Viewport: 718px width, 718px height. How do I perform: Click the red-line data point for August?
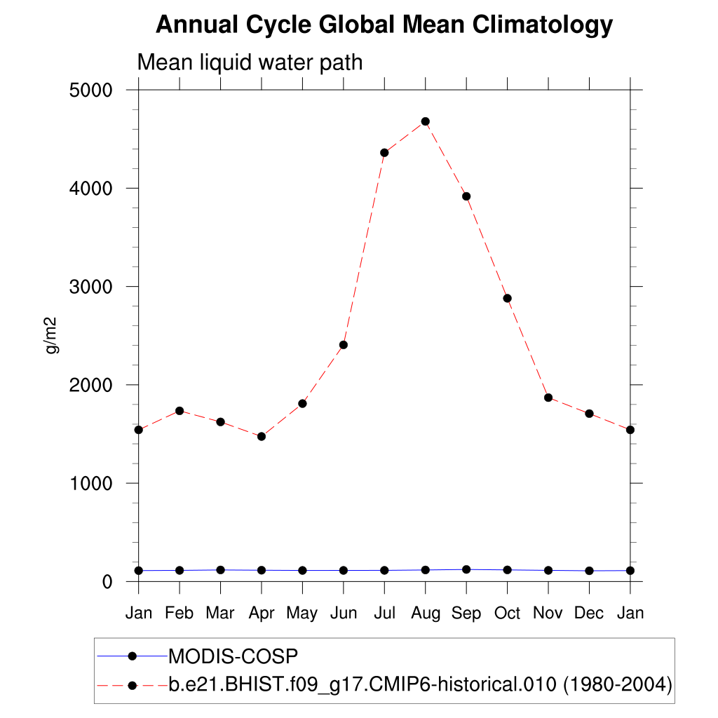[425, 121]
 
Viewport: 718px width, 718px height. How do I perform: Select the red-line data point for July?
[384, 153]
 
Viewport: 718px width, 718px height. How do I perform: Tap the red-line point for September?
[466, 196]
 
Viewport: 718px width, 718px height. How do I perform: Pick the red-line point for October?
[507, 298]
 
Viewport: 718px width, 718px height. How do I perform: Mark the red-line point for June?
[344, 345]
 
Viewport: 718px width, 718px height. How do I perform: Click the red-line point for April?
[262, 436]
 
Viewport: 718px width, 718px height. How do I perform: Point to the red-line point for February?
[179, 411]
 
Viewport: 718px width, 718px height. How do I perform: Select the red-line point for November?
[548, 398]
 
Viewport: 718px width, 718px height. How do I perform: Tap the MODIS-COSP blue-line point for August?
[425, 570]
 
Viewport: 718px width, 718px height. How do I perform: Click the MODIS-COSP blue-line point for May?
[302, 571]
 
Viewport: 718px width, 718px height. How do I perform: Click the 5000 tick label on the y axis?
[91, 90]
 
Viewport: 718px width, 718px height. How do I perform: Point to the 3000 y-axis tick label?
[91, 287]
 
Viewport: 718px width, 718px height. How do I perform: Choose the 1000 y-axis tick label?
[91, 483]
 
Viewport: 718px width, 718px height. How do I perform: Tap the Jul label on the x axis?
[384, 614]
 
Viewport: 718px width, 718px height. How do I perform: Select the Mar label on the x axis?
[220, 614]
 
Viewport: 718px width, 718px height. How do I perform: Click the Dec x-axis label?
[589, 614]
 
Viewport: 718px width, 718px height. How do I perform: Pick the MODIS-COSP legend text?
[233, 656]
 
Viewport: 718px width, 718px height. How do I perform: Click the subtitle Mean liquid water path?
[250, 62]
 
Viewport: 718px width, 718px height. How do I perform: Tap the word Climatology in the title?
[541, 25]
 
